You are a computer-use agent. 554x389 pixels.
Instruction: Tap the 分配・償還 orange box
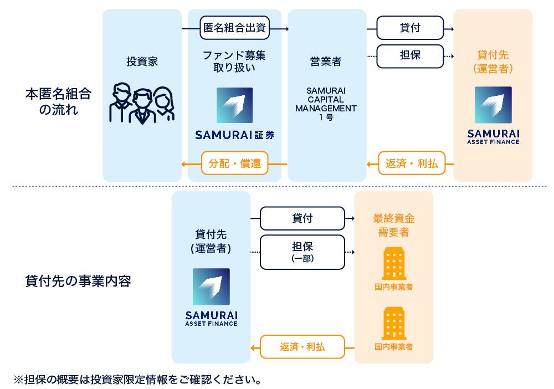[x=235, y=163]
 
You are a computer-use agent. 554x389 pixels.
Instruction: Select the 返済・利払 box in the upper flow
[x=412, y=163]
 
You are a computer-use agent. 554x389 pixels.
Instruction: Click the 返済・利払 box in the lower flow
[x=302, y=347]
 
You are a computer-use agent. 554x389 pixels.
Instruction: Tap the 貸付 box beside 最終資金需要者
[x=302, y=218]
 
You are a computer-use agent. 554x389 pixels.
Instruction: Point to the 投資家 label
[x=142, y=62]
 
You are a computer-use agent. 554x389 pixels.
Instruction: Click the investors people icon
[x=142, y=103]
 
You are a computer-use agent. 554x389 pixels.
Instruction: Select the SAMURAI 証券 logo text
[x=235, y=135]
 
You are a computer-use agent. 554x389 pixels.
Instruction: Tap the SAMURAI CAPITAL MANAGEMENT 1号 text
[x=326, y=104]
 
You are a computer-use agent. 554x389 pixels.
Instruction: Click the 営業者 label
[x=326, y=62]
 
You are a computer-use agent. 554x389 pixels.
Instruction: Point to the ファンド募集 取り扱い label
[x=234, y=62]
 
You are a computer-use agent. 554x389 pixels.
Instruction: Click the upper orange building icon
[x=394, y=264]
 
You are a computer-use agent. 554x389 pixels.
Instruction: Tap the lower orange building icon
[x=394, y=324]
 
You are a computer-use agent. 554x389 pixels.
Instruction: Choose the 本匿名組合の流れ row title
[x=59, y=101]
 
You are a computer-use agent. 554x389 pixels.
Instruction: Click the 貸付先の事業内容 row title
[x=78, y=280]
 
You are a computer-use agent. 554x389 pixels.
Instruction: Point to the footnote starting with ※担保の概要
[x=138, y=380]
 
